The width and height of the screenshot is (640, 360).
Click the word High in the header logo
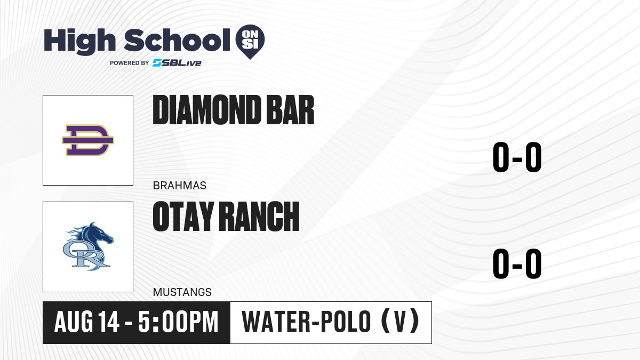coord(79,41)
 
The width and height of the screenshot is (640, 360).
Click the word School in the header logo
coord(177,39)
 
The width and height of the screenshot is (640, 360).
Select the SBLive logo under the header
coord(177,63)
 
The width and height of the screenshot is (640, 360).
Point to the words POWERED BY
coord(130,63)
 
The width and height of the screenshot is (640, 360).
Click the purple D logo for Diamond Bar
coord(88,140)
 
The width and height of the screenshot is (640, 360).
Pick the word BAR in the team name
coord(290,110)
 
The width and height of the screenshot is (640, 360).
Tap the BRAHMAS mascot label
coord(179,186)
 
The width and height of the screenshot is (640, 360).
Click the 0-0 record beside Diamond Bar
coord(517,157)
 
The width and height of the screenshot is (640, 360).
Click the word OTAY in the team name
coord(183,216)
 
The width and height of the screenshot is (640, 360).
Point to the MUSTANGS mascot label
coord(182,292)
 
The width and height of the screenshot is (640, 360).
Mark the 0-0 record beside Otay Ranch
coord(517,263)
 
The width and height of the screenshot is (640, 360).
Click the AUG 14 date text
coord(86,322)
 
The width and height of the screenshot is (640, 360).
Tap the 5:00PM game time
coord(178,322)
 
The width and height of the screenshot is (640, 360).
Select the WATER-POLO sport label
coord(306,322)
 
